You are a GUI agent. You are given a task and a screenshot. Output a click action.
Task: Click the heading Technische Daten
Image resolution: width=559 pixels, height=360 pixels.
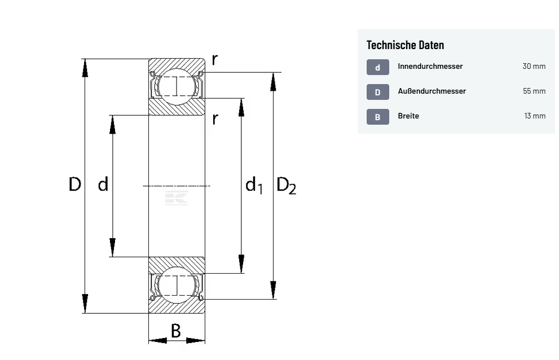click(x=405, y=45)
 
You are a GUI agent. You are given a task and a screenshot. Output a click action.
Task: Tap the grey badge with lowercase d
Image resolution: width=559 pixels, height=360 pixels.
click(x=377, y=67)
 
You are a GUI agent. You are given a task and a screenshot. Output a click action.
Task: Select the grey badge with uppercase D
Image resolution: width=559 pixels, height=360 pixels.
click(x=377, y=92)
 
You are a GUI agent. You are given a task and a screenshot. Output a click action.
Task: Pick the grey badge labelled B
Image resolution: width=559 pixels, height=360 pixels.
click(x=377, y=117)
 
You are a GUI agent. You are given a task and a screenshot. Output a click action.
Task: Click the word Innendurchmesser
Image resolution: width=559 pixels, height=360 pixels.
click(x=430, y=66)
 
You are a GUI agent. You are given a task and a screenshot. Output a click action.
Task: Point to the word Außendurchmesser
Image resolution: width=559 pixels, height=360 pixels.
click(x=432, y=91)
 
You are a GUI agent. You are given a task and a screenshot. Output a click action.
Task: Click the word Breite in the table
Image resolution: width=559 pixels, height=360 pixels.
click(x=408, y=116)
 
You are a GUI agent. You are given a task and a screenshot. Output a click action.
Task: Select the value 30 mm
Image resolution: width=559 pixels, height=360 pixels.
click(x=534, y=66)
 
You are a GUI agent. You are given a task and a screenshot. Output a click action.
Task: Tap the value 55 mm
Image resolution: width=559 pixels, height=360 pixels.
click(x=534, y=91)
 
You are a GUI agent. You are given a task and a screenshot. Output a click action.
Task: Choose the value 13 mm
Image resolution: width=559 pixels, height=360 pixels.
click(x=535, y=116)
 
